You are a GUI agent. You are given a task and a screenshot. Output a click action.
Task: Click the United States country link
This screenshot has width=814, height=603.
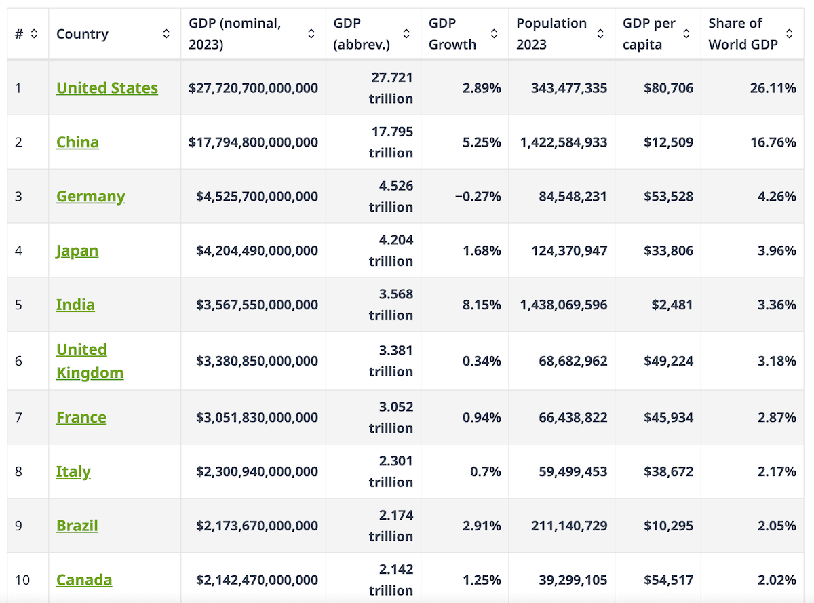(107, 88)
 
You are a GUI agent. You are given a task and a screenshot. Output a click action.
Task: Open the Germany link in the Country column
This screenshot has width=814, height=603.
(91, 197)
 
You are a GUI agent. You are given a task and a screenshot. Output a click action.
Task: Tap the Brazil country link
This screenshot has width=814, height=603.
(77, 526)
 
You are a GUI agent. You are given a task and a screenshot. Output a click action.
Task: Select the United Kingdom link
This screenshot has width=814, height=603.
(90, 361)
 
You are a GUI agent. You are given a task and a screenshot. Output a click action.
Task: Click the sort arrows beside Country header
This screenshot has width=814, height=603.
(166, 34)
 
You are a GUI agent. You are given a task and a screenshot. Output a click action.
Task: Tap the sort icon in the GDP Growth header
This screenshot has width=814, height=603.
(494, 34)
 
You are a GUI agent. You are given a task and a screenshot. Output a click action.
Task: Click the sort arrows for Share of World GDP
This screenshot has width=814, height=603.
(789, 34)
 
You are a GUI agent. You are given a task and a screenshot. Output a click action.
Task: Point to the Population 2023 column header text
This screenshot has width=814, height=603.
(551, 34)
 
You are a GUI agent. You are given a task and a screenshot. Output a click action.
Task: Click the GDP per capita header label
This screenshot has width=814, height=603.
(649, 34)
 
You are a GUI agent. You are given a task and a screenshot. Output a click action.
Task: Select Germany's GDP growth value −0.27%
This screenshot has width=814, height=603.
(478, 197)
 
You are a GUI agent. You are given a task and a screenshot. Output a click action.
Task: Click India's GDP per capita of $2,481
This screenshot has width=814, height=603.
(672, 305)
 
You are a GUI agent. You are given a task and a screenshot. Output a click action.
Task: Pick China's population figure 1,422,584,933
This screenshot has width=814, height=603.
(564, 142)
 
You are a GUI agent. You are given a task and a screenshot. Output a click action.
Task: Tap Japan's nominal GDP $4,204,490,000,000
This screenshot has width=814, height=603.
(257, 251)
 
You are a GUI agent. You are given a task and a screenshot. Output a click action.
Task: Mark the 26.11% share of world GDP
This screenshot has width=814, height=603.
(773, 88)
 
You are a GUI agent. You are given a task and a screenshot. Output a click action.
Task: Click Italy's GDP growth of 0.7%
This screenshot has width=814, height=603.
(486, 471)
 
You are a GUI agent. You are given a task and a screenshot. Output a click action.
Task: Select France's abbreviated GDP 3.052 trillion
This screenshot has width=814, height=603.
(391, 417)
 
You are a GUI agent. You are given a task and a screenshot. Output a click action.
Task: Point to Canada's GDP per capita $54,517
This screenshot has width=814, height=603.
(668, 580)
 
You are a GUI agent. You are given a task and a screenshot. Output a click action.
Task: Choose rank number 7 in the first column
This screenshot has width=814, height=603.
(18, 417)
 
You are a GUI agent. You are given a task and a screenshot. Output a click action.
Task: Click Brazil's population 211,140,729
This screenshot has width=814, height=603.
(569, 526)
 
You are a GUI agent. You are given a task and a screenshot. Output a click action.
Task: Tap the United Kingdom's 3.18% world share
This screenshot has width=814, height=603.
(777, 361)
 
